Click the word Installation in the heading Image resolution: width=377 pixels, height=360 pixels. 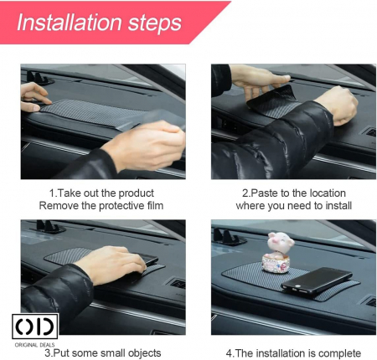(x=70, y=23)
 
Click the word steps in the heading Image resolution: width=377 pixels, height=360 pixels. (x=155, y=23)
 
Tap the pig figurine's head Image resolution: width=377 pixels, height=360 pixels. (x=280, y=243)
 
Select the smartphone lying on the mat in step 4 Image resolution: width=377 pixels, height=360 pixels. (x=317, y=280)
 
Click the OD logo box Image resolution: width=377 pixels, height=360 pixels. (x=35, y=327)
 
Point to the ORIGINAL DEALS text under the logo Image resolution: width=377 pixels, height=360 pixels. (x=34, y=345)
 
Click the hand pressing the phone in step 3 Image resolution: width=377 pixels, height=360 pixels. (x=111, y=265)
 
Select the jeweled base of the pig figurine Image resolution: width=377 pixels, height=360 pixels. (x=276, y=264)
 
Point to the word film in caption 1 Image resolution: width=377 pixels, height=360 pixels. (x=155, y=206)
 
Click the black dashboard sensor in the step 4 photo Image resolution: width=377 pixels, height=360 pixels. (x=229, y=237)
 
